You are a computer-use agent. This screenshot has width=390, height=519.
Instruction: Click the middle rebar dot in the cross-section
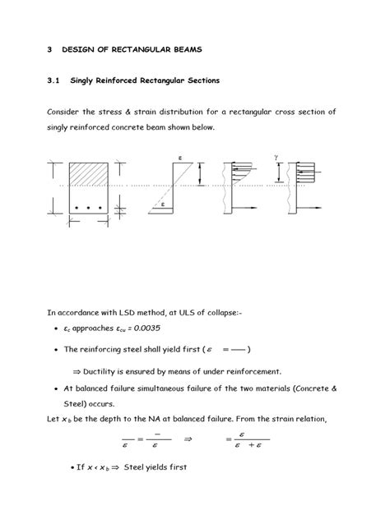(87, 208)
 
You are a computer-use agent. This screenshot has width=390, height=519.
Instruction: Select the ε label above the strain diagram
(179, 156)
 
